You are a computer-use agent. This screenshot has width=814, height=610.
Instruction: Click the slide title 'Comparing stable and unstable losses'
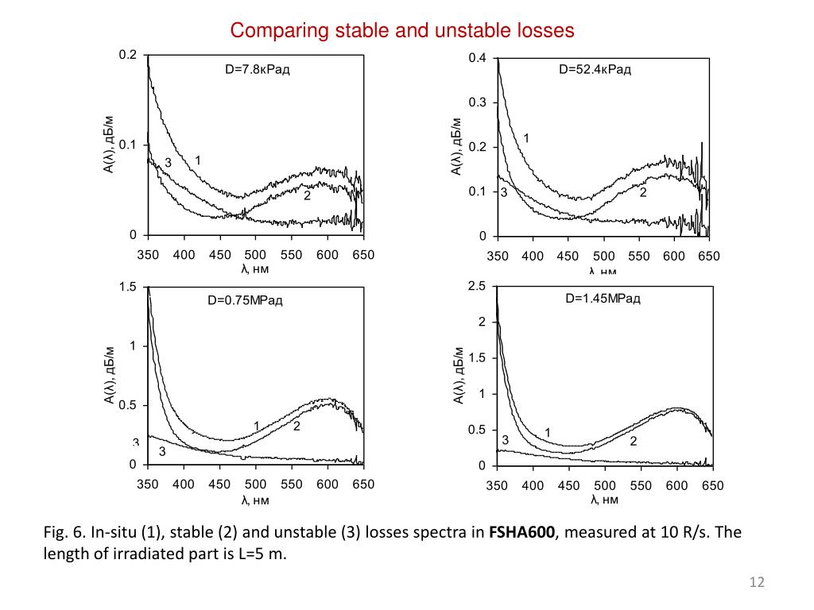click(401, 31)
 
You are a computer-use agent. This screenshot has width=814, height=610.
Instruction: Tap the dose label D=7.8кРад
click(257, 70)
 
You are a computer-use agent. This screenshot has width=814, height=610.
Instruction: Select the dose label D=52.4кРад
click(595, 70)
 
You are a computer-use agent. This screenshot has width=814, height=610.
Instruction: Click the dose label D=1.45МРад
click(603, 299)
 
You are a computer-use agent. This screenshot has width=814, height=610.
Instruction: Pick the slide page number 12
click(757, 584)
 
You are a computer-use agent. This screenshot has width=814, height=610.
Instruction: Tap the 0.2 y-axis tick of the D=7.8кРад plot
click(128, 55)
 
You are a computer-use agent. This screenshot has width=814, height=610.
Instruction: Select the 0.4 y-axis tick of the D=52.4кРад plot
click(477, 58)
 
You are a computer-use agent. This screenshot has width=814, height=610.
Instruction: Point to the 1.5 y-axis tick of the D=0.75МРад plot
click(128, 287)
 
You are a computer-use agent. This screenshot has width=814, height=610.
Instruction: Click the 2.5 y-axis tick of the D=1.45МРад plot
click(477, 286)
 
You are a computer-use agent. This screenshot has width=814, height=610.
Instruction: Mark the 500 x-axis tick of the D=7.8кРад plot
click(255, 255)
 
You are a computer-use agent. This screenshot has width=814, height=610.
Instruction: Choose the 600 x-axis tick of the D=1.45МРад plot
click(676, 485)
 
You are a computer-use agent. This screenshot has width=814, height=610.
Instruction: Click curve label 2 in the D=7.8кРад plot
click(306, 196)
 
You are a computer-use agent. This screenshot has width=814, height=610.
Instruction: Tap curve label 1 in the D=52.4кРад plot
click(526, 138)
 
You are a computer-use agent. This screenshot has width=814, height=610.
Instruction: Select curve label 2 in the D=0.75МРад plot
click(296, 427)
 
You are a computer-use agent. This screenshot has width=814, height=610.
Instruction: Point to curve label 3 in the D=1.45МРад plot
click(505, 440)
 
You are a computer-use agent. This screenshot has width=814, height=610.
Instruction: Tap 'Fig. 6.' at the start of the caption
click(63, 531)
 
